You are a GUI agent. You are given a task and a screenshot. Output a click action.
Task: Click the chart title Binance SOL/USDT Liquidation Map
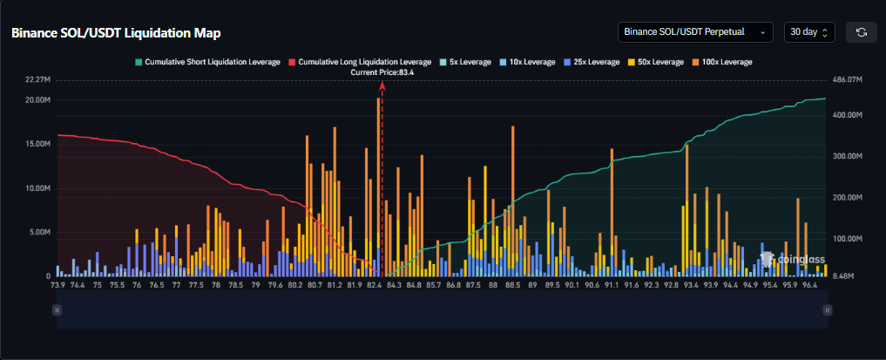tap(116, 32)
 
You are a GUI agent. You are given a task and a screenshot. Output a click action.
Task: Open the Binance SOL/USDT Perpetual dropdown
tap(694, 32)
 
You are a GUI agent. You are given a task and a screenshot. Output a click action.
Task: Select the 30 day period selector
tap(809, 32)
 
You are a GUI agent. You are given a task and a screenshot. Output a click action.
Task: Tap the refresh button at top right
tap(862, 32)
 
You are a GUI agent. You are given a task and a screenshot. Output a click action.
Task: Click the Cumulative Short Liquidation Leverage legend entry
tap(206, 62)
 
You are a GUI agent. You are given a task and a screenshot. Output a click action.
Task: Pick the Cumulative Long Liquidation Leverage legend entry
tap(359, 62)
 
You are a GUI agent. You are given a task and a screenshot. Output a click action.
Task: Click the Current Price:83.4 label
tap(382, 73)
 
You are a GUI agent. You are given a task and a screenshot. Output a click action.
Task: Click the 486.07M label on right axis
tap(847, 79)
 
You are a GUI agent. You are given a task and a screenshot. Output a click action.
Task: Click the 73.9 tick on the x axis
tap(57, 285)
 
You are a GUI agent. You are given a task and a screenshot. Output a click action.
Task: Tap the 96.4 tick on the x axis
tap(809, 285)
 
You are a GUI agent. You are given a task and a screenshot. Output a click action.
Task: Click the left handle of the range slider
tap(57, 309)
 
